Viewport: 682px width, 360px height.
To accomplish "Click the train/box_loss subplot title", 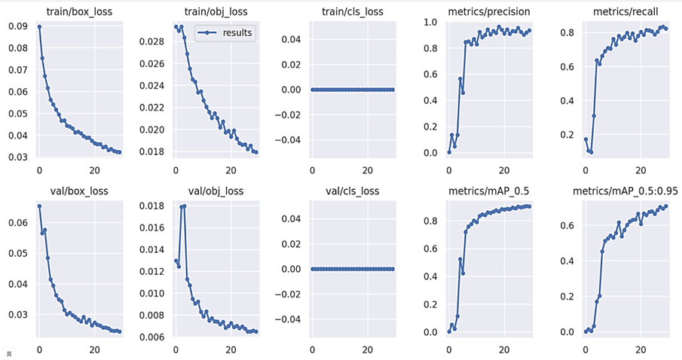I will tap(79, 11).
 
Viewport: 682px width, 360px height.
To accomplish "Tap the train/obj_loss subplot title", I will tap(215, 11).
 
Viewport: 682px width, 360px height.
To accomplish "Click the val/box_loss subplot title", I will tap(79, 191).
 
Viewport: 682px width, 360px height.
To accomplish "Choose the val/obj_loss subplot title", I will tap(215, 191).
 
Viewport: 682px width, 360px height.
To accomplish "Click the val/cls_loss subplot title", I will tap(352, 191).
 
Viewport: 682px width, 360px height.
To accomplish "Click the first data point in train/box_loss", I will tap(39, 27).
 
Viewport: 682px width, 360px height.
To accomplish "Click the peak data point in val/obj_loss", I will tap(184, 206).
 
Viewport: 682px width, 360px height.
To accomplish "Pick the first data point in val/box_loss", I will tap(39, 206).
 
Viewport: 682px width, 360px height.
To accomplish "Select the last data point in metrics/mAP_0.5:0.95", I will tap(666, 206).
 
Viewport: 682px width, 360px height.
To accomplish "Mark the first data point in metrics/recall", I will tap(586, 139).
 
